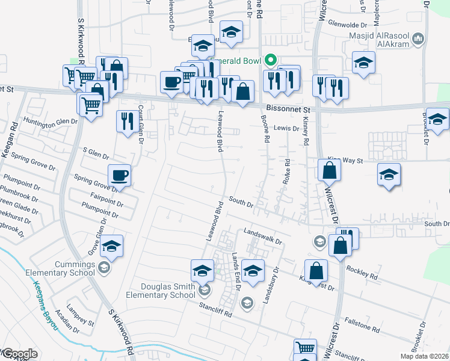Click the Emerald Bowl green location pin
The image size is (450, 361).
point(271,60)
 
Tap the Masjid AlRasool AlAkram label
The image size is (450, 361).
point(381,39)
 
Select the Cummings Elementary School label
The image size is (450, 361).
point(60,268)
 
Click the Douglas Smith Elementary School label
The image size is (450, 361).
point(161,291)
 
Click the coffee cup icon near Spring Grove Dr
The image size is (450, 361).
point(119,176)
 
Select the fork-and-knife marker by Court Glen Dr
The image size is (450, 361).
point(126,122)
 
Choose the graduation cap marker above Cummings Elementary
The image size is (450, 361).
point(112,246)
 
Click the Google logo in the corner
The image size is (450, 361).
point(19,354)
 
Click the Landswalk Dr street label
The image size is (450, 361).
point(262,236)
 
